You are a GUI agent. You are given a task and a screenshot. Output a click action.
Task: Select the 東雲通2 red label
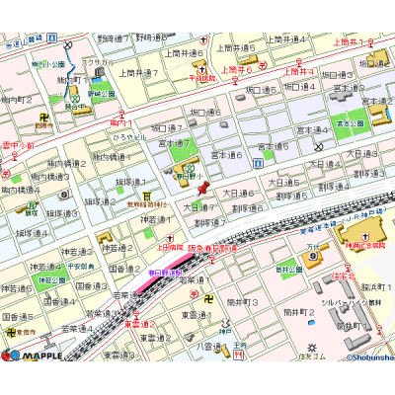(139, 323)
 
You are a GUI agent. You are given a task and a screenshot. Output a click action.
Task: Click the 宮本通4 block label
(315, 129)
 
